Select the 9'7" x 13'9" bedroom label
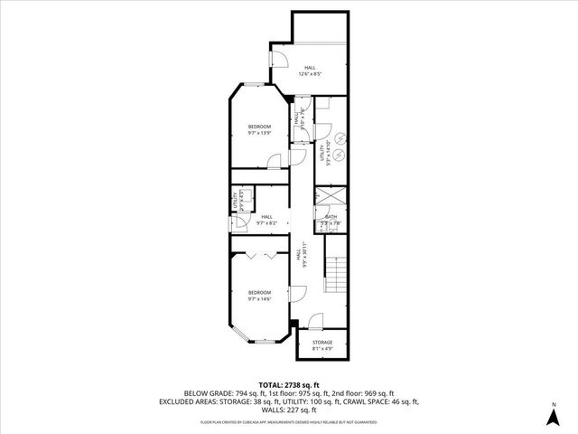point(260,129)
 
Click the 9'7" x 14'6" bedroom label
point(260,296)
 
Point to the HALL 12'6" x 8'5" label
point(310,71)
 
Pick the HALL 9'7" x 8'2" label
point(266,220)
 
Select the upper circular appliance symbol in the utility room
point(342,137)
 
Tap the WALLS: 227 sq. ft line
point(288,410)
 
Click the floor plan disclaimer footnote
point(288,421)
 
